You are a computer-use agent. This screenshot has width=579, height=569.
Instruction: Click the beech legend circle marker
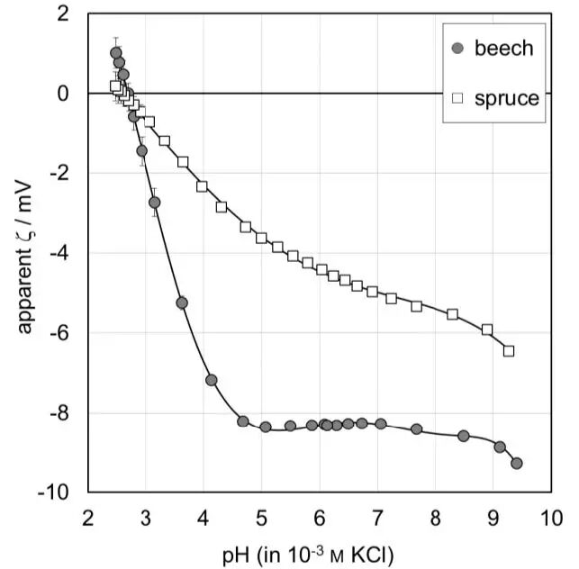click(457, 49)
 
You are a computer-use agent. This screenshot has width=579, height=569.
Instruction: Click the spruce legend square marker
click(457, 98)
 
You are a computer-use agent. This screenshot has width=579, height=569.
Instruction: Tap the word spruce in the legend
click(508, 98)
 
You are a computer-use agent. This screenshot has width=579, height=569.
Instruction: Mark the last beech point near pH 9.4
click(517, 463)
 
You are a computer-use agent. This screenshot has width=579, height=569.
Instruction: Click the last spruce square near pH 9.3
click(509, 351)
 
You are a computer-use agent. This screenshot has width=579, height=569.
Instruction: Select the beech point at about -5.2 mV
click(182, 303)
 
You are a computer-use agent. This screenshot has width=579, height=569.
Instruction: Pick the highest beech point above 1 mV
click(115, 52)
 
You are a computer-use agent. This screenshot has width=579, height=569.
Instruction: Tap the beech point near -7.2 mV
click(212, 380)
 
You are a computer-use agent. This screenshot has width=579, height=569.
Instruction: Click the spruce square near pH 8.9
click(487, 330)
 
